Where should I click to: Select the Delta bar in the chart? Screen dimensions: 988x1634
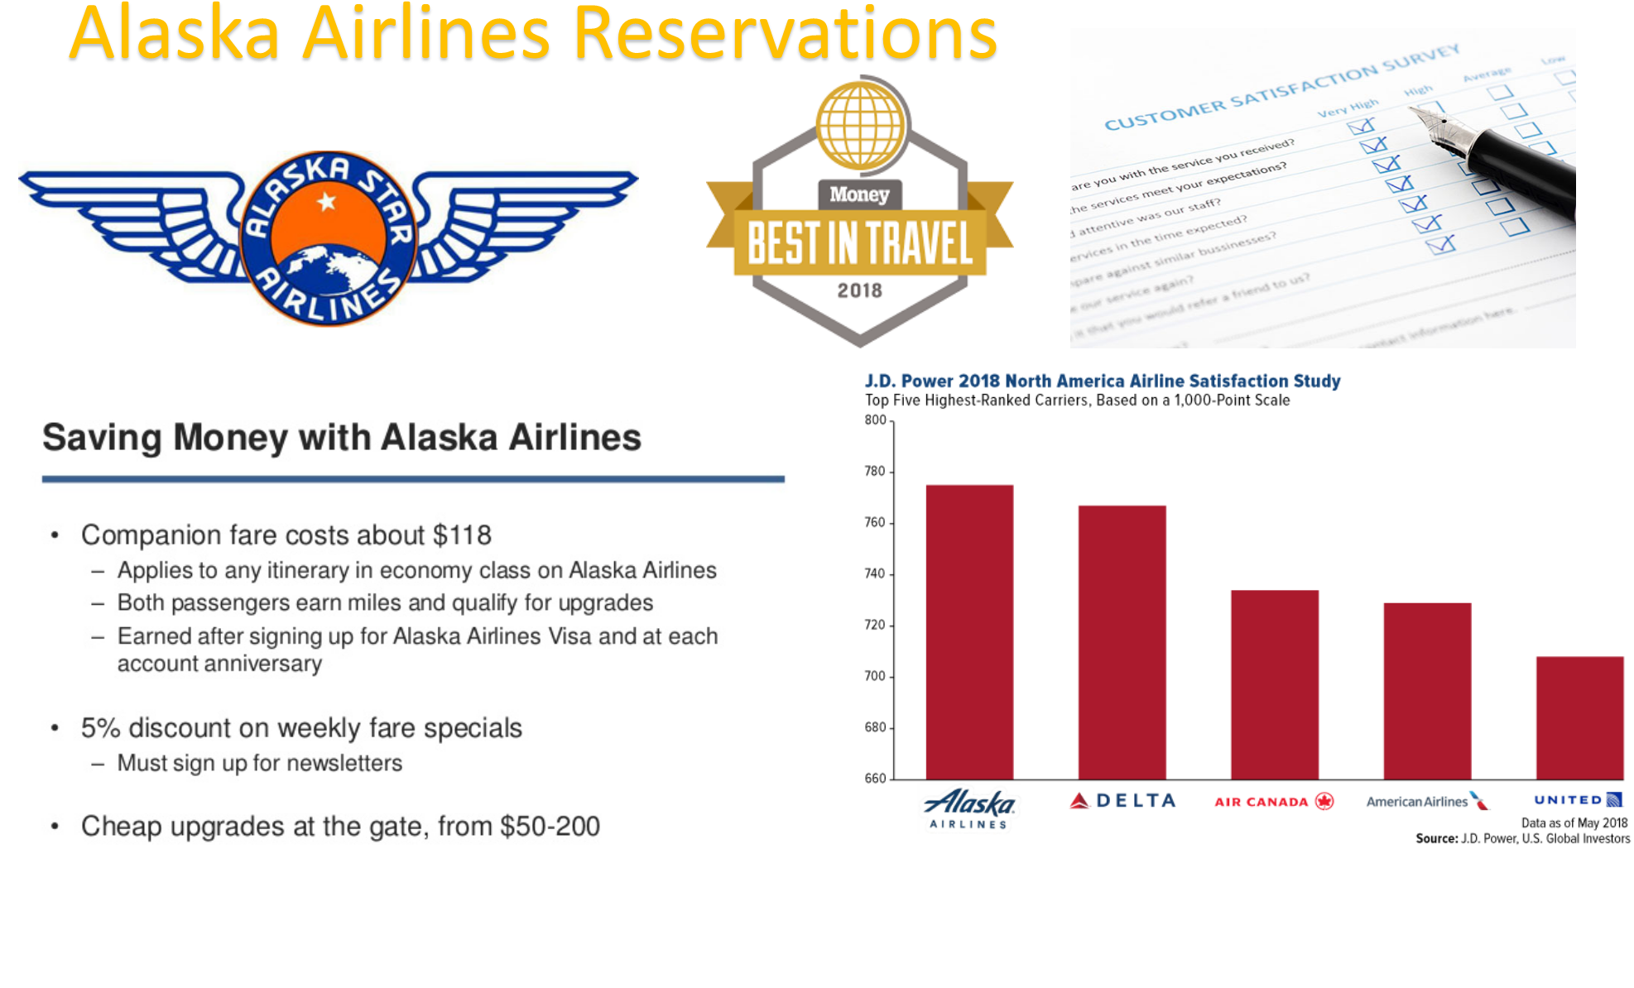[x=1122, y=642]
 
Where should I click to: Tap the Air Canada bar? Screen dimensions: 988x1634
[x=1275, y=684]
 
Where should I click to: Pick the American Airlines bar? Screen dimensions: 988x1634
[x=1427, y=691]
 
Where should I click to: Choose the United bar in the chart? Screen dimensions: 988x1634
[x=1579, y=717]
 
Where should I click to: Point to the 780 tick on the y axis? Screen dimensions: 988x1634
[x=875, y=472]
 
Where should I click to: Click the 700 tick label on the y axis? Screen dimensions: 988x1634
[x=875, y=676]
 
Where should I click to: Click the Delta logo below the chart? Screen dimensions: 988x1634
[x=1122, y=801]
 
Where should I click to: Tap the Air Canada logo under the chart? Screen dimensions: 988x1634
[x=1274, y=802]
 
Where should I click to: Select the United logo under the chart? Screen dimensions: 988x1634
[x=1578, y=800]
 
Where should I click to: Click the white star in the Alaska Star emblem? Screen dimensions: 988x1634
[x=327, y=201]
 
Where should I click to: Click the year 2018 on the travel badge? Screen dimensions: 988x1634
[x=859, y=290]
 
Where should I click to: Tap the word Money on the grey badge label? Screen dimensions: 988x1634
[x=859, y=194]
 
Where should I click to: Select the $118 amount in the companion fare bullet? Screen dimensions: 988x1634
[x=462, y=535]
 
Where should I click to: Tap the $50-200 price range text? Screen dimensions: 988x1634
[x=550, y=827]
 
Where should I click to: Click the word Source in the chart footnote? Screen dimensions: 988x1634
[x=1436, y=839]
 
